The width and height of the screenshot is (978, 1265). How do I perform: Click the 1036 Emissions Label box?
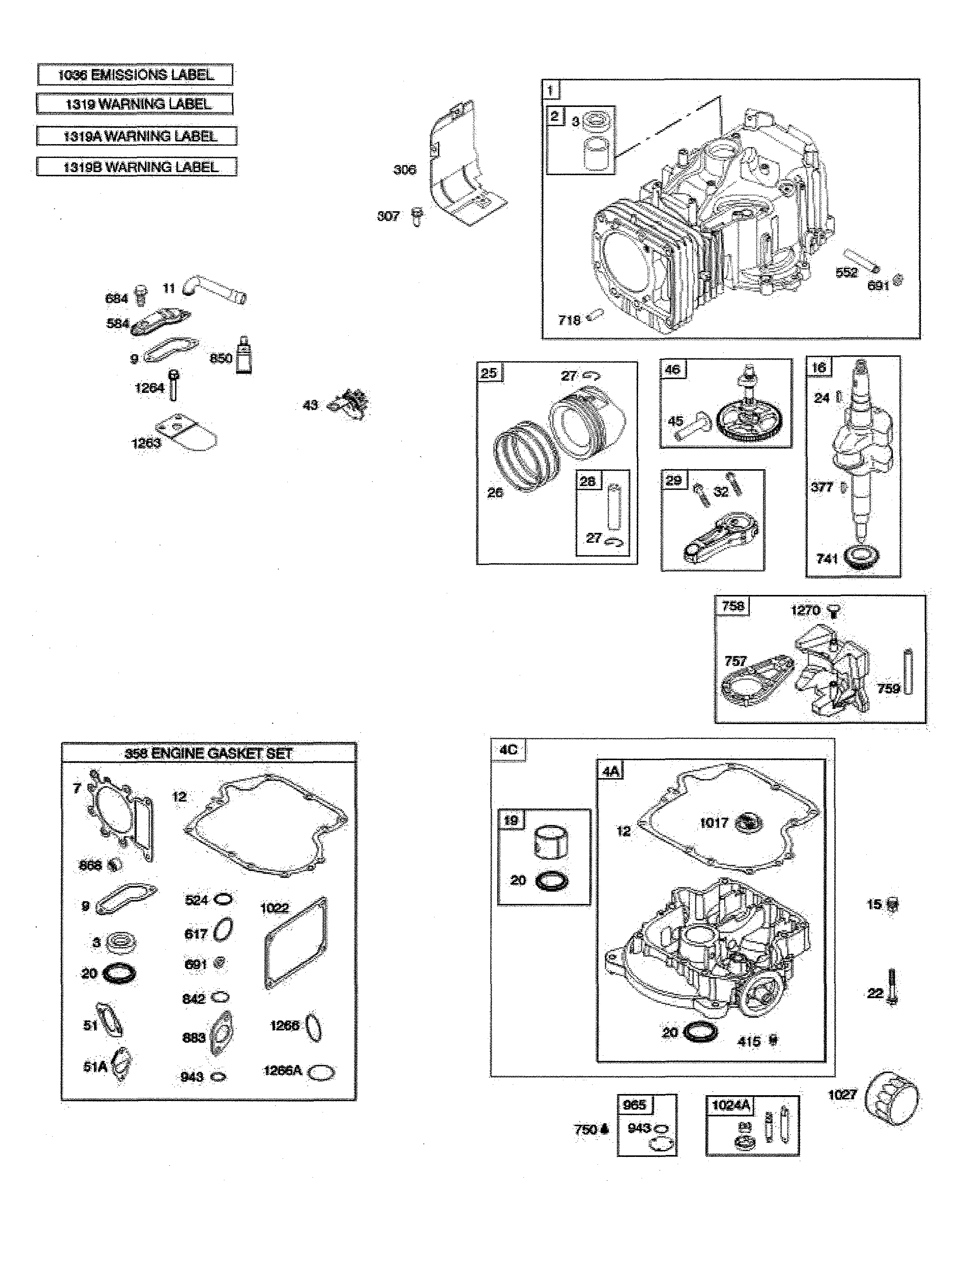pos(135,75)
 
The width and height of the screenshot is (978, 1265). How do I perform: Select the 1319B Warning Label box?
pos(137,167)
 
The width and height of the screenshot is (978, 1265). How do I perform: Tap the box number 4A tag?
pos(610,771)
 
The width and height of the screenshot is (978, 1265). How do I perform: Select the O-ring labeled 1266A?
pos(320,1072)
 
